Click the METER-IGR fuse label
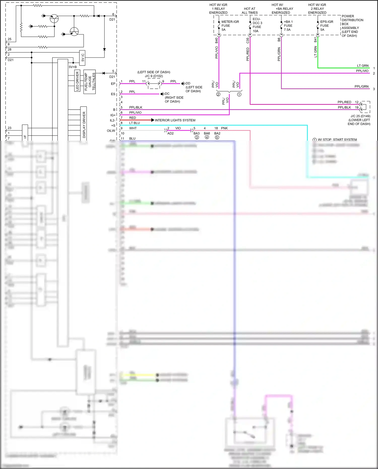tap(230, 26)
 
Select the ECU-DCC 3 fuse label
tap(257, 25)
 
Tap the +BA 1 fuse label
tap(288, 26)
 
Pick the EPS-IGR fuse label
tap(326, 26)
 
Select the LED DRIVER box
tap(77, 81)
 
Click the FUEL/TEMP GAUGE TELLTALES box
tap(89, 82)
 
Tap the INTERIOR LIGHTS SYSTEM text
tap(175, 120)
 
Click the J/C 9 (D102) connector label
tap(154, 76)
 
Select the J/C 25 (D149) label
tap(360, 116)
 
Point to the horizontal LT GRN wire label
tap(363, 66)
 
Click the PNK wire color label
tap(224, 128)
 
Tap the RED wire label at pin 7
tap(133, 118)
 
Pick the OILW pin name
tap(111, 131)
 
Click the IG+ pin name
tap(113, 115)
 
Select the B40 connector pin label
tap(216, 40)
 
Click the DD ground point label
tap(188, 83)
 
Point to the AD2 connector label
tap(170, 133)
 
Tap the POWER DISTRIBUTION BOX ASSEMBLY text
tap(352, 26)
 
